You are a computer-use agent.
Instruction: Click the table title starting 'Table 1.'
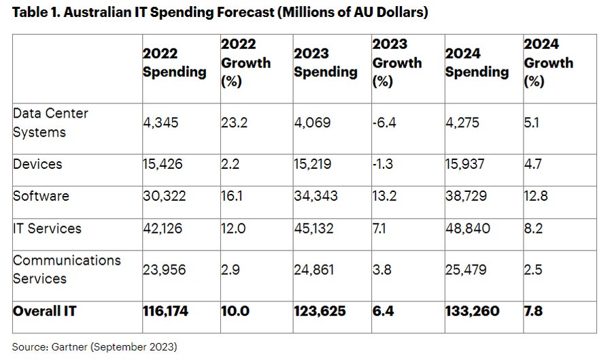220,13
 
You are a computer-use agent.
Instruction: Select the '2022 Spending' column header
174,63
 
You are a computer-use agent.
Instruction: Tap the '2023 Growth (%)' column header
397,63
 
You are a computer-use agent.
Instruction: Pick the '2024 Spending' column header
477,63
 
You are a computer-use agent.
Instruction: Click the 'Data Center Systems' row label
50,122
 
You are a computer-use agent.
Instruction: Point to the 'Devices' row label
37,164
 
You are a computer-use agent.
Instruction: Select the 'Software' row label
41,196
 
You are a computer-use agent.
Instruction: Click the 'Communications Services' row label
67,269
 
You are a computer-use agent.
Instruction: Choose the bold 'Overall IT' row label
45,311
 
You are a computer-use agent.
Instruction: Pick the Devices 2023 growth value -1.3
382,165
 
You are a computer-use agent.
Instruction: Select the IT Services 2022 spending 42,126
163,228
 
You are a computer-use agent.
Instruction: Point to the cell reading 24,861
314,269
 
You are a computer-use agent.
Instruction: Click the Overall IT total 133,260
472,311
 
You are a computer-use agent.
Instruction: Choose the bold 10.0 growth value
235,311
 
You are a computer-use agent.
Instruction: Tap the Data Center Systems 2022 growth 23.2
233,123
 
